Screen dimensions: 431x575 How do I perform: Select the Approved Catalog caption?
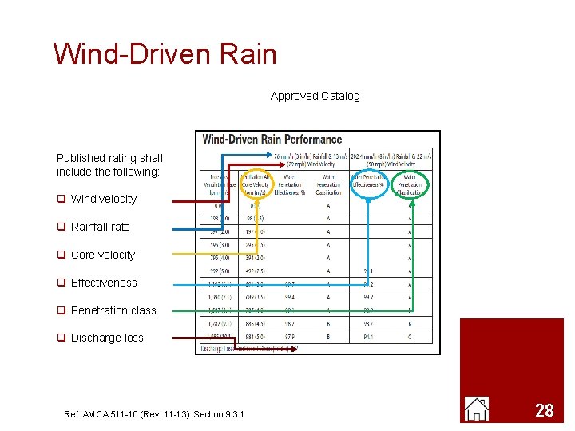315,96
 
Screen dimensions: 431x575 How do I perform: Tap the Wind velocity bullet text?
103,199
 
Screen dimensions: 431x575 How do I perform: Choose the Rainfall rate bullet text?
100,227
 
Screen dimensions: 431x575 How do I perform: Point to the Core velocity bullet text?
102,255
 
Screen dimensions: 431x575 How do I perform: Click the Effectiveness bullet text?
104,283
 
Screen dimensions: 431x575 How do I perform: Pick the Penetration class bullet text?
113,310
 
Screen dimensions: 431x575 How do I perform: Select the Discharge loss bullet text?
107,338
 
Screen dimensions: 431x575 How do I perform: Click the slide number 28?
544,411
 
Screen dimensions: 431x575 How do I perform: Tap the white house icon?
477,409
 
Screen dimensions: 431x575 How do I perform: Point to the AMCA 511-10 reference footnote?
154,413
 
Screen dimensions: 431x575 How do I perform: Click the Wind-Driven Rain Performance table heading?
272,140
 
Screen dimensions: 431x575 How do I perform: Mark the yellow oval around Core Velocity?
256,184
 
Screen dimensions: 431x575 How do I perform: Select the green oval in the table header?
410,184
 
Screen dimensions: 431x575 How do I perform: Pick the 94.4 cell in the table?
368,337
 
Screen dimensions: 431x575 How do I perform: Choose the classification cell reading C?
410,337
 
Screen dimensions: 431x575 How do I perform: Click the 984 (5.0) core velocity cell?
256,337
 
